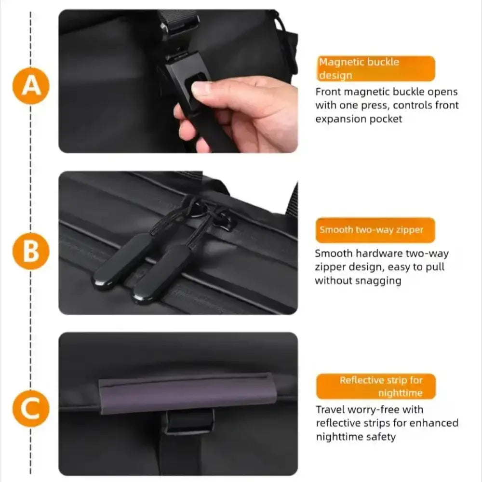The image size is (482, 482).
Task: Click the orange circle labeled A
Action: [x=31, y=86]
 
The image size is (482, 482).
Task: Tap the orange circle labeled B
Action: [x=31, y=251]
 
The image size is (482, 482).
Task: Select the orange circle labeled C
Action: [x=31, y=409]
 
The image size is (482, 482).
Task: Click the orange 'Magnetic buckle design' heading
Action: [x=375, y=68]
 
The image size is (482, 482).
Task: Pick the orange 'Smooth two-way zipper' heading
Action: [x=375, y=230]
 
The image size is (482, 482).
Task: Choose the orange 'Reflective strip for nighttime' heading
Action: [x=376, y=387]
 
